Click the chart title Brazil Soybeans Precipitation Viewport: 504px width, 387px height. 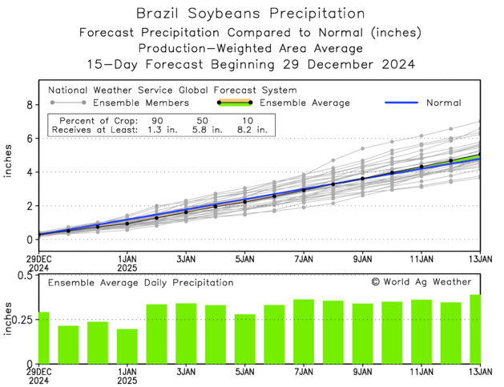(250, 14)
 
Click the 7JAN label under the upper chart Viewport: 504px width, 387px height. (304, 260)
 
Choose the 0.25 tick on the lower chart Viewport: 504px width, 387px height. (22, 320)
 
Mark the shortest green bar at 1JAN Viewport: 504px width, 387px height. (127, 345)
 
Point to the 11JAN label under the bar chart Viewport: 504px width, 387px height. (421, 372)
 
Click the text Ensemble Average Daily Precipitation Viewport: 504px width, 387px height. (140, 283)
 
